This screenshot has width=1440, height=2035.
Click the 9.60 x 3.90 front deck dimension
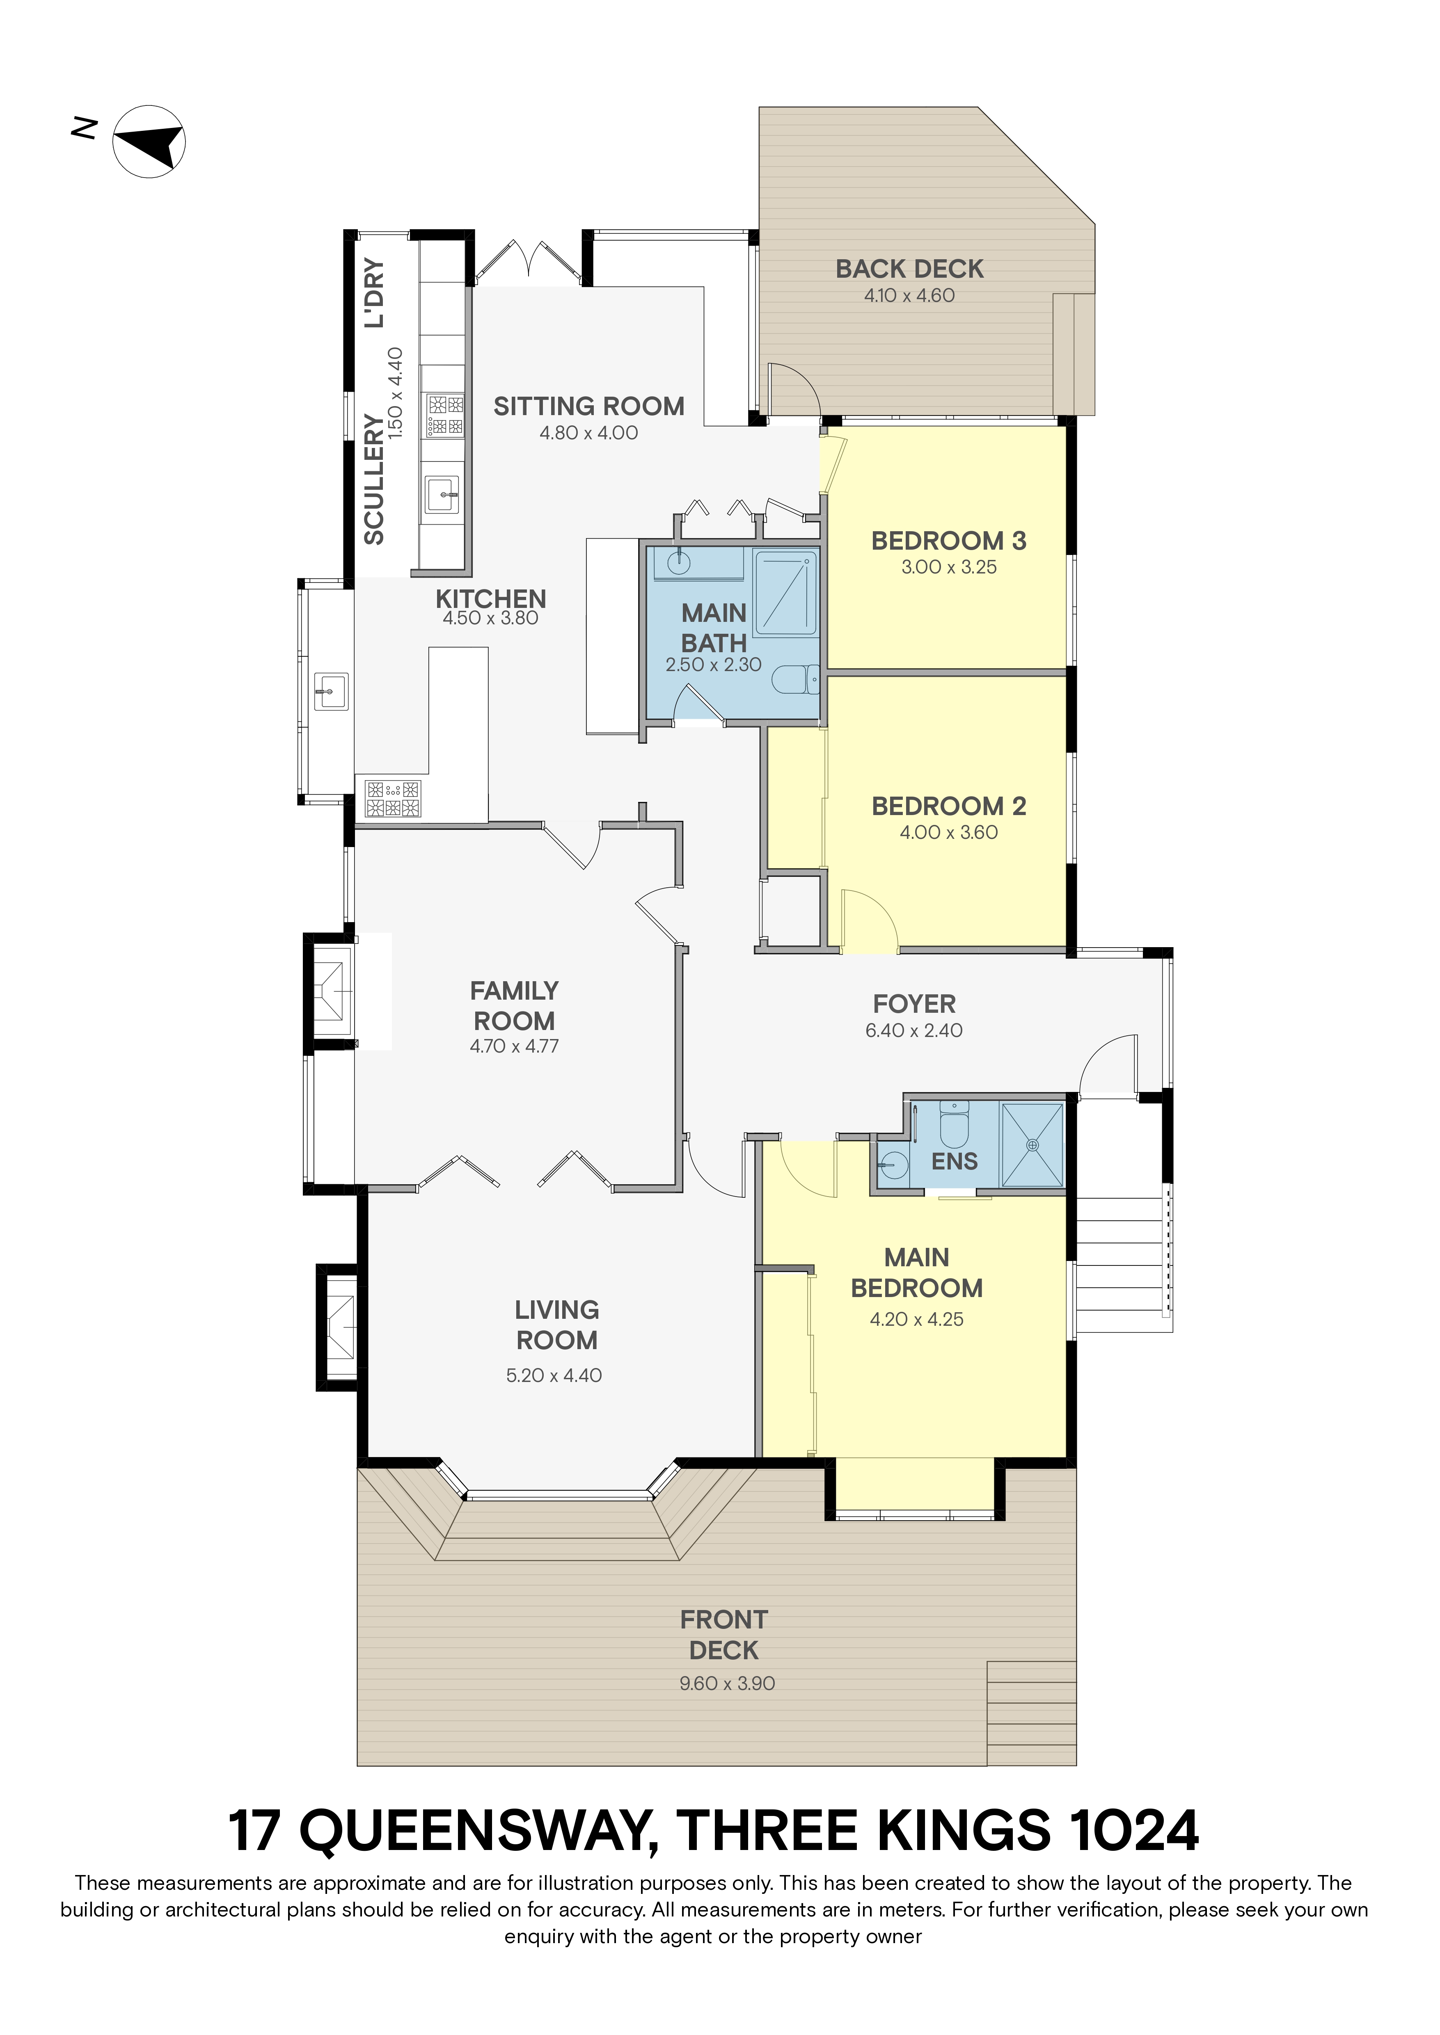click(727, 1683)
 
